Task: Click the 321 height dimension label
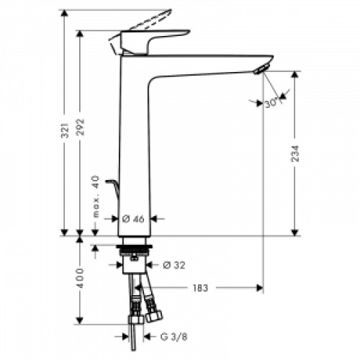pos(65,130)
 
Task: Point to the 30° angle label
pos(271,104)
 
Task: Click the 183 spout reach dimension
pos(200,288)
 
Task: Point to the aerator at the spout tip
pos(261,68)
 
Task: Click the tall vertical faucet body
pos(135,144)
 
